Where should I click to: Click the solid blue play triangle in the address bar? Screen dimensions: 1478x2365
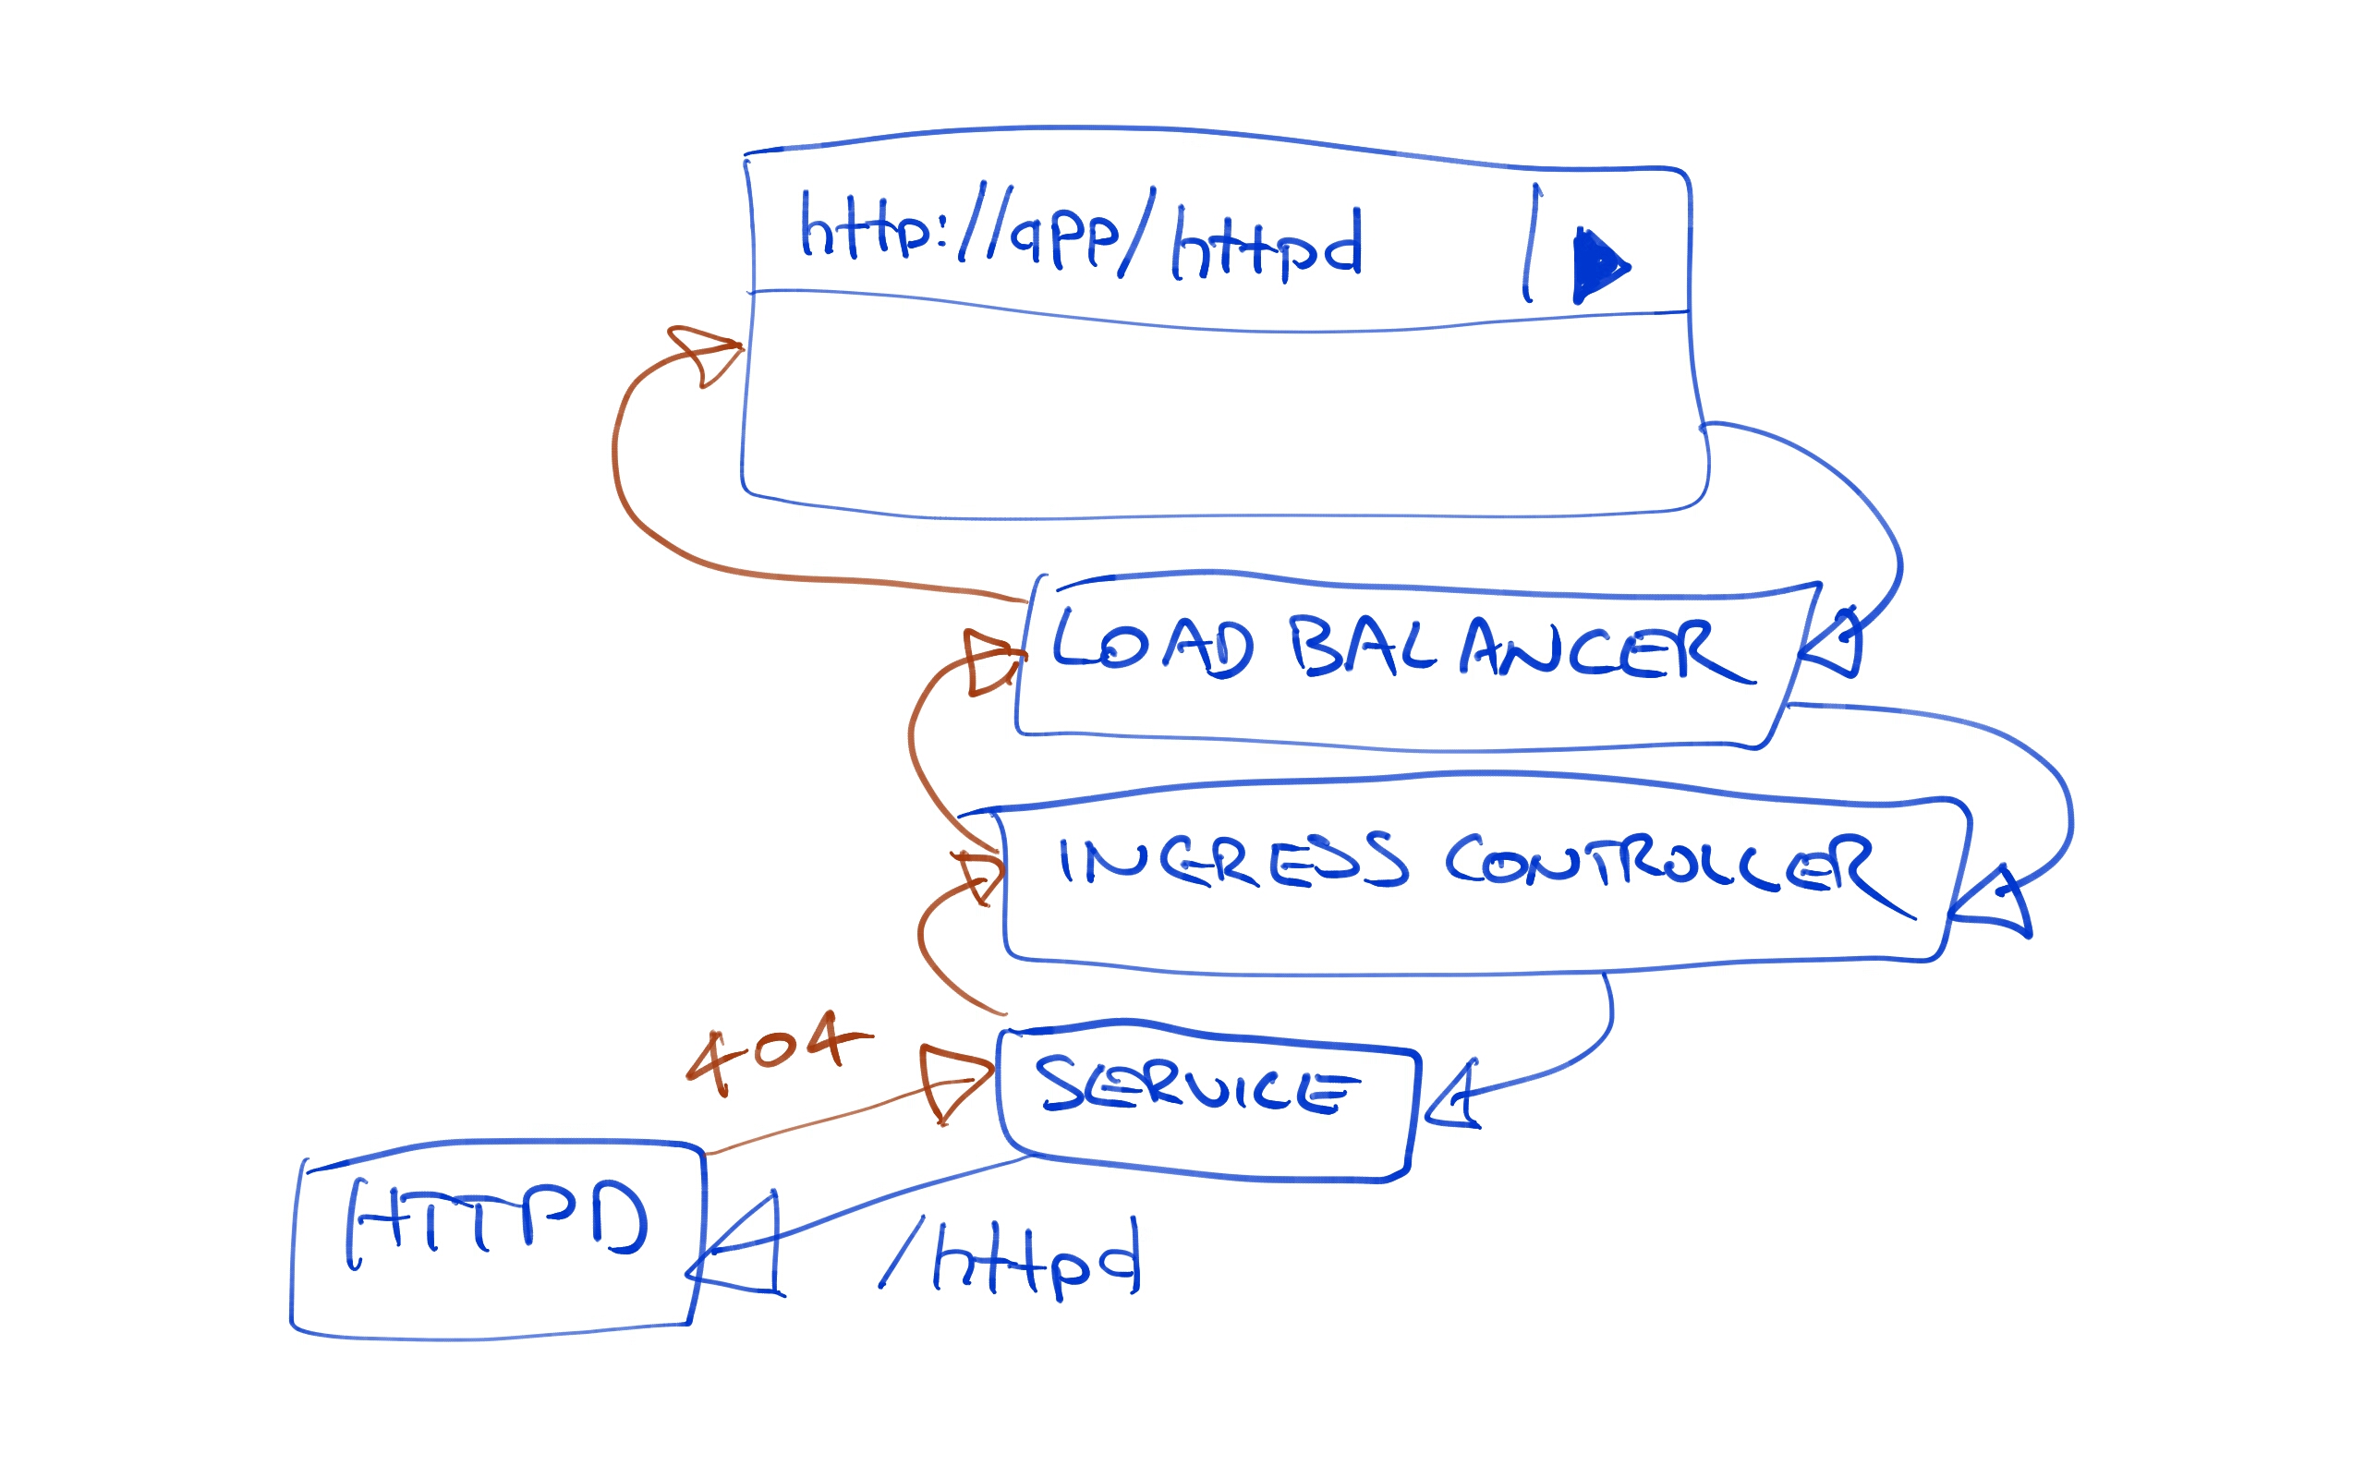tap(1597, 265)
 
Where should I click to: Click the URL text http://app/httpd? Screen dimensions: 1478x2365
tap(1080, 236)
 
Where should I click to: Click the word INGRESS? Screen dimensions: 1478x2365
tap(1232, 861)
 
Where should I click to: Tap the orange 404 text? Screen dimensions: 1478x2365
tap(776, 1051)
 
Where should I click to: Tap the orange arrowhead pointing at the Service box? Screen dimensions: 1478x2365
tap(952, 1083)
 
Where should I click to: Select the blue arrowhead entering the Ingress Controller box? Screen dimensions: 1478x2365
tap(1995, 905)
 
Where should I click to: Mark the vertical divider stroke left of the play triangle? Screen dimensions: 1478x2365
tap(1531, 245)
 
